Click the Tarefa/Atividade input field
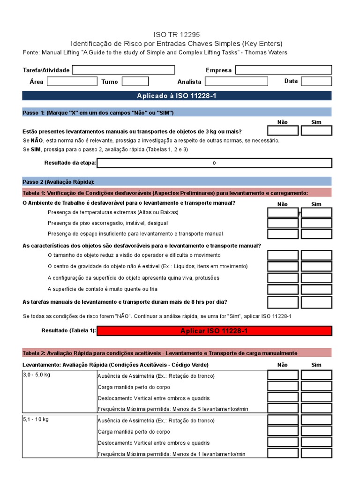123,70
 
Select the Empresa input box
283,70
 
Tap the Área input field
66,82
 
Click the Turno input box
135,82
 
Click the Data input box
316,82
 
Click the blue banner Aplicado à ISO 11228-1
177,96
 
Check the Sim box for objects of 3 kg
316,131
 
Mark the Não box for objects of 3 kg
283,131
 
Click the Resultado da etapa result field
214,163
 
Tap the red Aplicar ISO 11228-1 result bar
214,331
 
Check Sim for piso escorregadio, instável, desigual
316,223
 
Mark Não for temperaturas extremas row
283,212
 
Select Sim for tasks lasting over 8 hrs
316,302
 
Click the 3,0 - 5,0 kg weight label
37,375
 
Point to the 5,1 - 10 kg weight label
36,420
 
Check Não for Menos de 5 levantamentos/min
283,408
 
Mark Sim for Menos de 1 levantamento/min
316,453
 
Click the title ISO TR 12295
177,34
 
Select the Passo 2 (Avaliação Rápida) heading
59,181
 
